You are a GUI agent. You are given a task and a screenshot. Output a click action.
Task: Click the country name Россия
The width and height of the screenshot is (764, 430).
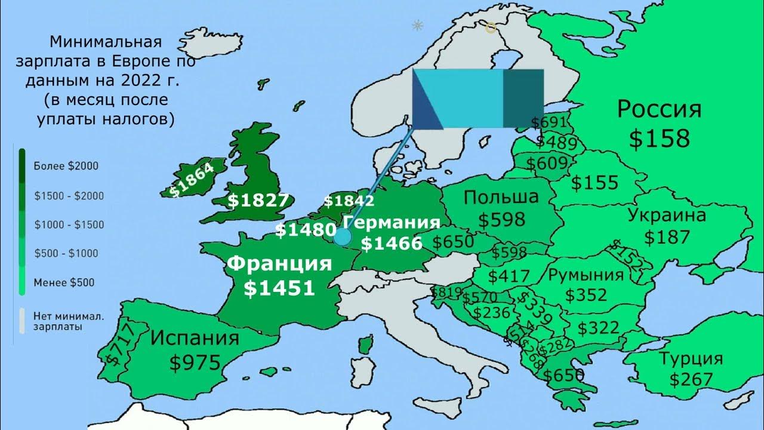point(659,110)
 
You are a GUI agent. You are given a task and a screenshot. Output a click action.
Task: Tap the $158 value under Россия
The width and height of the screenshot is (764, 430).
point(659,139)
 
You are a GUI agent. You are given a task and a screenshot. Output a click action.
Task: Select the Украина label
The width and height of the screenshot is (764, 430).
point(667,216)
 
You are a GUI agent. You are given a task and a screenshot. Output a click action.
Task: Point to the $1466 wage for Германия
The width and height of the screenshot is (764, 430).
point(392,243)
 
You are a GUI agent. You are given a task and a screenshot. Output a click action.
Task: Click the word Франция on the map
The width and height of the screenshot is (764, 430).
point(280,263)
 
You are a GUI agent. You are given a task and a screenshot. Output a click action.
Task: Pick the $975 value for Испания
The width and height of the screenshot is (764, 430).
point(195,363)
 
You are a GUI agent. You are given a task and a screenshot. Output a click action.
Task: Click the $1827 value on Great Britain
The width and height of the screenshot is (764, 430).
point(258,201)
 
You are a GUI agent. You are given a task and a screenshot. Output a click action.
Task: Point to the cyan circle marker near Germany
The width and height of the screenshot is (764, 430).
point(342,237)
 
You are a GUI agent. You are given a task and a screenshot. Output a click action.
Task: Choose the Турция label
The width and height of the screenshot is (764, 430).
point(691,359)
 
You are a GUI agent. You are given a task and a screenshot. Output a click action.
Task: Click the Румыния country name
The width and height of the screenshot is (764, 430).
point(586,275)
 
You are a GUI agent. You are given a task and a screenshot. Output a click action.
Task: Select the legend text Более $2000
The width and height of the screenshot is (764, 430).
point(66,167)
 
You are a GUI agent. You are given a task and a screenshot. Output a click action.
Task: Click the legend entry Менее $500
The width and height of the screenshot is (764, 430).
point(64,282)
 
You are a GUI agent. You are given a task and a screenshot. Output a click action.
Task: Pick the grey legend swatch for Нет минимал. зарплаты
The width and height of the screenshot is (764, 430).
point(22,321)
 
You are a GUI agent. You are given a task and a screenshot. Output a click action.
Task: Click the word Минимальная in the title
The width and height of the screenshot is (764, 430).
point(106,42)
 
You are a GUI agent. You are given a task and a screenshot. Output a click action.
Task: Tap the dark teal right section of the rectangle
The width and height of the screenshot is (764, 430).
point(523,99)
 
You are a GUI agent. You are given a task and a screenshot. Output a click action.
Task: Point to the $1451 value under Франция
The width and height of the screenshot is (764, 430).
point(279,288)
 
